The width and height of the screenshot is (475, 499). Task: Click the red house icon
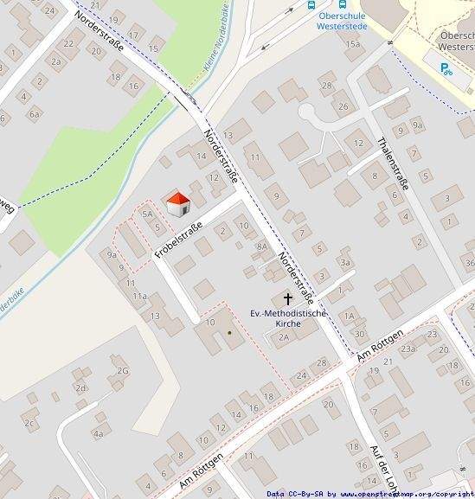click(177, 204)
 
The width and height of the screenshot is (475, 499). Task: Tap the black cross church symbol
click(287, 298)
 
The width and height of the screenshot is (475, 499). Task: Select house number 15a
click(352, 43)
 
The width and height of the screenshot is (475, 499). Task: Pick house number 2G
click(122, 371)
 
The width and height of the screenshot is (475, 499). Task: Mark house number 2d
click(80, 388)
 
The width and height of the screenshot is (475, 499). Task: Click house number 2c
click(29, 423)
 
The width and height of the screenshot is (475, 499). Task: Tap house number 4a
click(99, 433)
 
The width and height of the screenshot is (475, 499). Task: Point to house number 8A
click(261, 246)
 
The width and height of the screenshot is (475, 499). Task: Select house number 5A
click(147, 213)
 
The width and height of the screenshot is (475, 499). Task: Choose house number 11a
click(139, 296)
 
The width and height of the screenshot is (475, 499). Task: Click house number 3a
click(345, 262)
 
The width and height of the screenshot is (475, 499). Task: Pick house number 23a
click(407, 349)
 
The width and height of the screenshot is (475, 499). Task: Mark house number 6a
click(35, 113)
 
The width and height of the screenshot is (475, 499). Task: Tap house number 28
click(326, 85)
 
